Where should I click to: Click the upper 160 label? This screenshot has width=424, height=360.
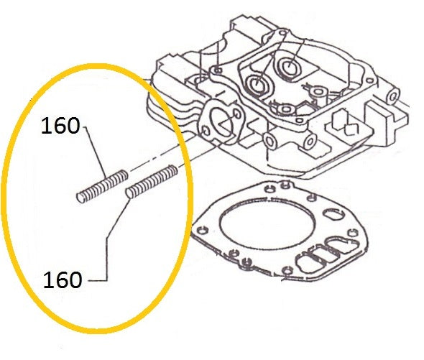click(x=60, y=126)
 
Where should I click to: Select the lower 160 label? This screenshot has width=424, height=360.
click(x=63, y=280)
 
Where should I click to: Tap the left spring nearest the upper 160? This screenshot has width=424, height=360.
click(x=102, y=186)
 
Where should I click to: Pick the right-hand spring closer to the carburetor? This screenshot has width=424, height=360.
click(x=152, y=181)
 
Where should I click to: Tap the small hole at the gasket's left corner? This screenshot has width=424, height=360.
click(x=201, y=231)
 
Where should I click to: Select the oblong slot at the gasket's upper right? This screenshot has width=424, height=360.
click(x=334, y=214)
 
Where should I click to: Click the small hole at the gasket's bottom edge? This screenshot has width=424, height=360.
click(x=287, y=269)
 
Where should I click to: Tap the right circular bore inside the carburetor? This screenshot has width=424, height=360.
click(x=288, y=66)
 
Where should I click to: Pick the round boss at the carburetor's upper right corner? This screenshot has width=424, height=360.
click(x=392, y=96)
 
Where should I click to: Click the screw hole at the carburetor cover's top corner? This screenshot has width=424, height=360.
click(x=282, y=34)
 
